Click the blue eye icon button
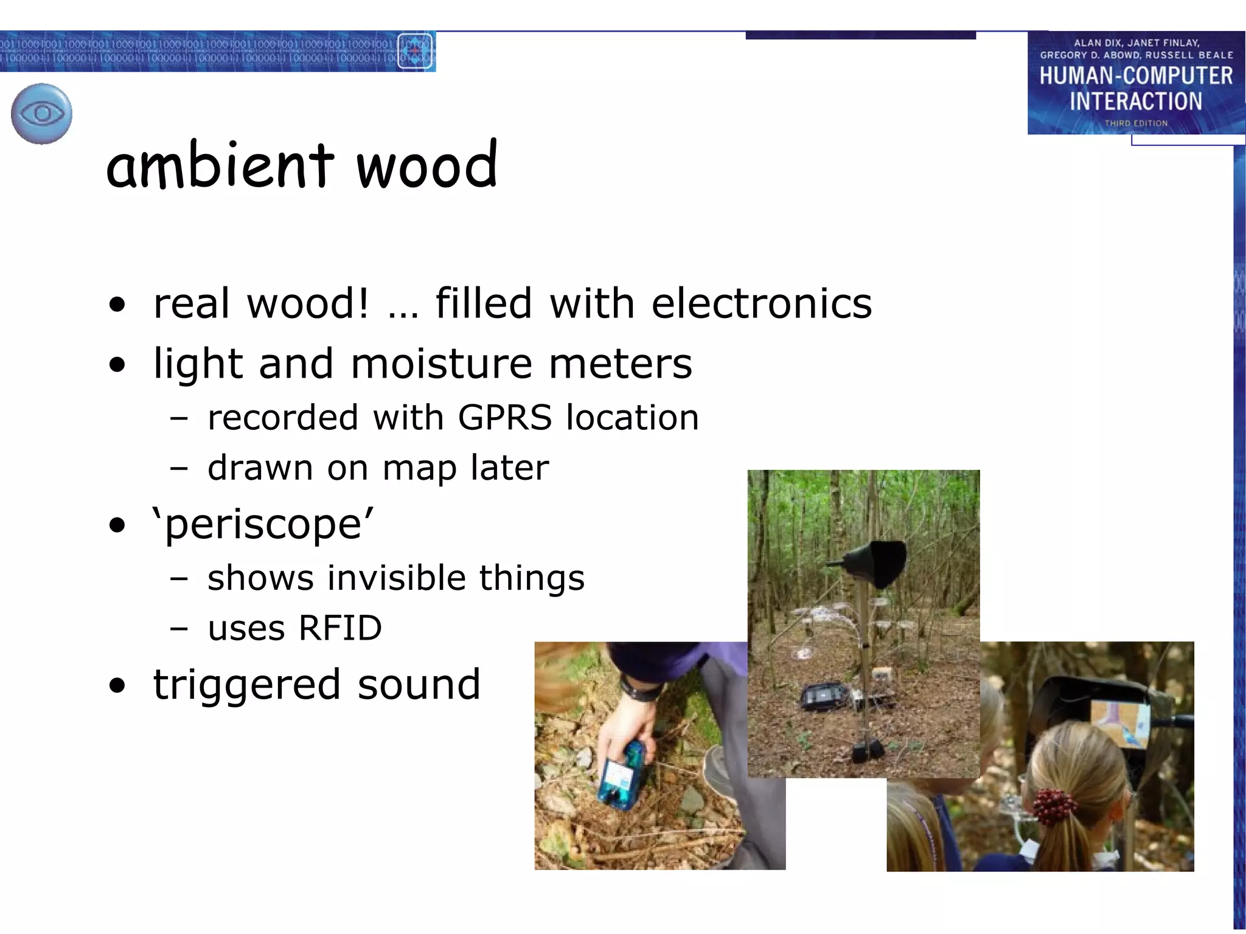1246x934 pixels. (x=41, y=114)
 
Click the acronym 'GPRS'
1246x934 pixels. (x=504, y=418)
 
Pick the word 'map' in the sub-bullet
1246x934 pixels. (x=419, y=469)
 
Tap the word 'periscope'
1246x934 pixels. (x=263, y=524)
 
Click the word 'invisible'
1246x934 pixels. (x=395, y=578)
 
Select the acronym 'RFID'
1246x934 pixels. (x=340, y=628)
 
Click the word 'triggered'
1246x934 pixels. (x=246, y=685)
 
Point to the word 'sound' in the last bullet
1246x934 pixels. (x=419, y=685)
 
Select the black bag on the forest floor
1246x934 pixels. (x=822, y=697)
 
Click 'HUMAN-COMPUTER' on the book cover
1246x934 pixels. (x=1136, y=76)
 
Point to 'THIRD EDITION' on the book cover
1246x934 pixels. (x=1136, y=123)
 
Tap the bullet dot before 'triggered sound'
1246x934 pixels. (x=117, y=686)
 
